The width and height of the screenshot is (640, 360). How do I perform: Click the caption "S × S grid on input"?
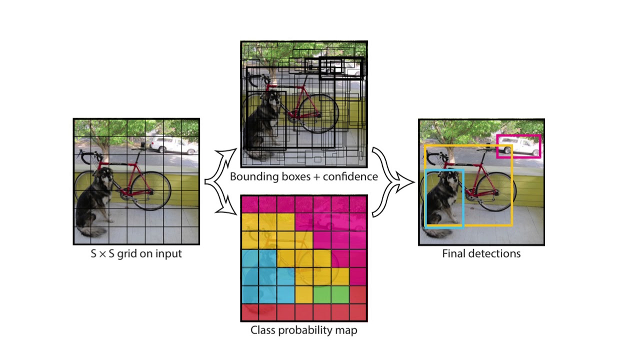136,253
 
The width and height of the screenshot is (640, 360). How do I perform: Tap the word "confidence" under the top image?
350,176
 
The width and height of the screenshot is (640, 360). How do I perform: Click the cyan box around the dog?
425,200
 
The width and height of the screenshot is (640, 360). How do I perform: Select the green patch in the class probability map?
330,294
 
